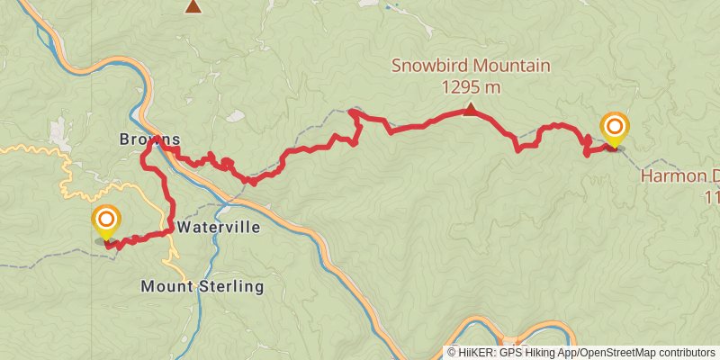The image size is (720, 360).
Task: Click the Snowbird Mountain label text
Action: pos(471,66)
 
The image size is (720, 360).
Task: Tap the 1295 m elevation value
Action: pos(471,87)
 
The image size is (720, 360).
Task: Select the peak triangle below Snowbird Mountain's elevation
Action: pos(470,110)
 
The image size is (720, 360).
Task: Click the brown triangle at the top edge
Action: pos(193,7)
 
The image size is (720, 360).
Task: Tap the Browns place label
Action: pos(150,139)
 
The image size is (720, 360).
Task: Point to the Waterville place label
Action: pos(219,228)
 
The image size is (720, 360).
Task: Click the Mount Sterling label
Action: pos(202,287)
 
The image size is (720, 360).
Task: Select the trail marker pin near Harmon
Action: pos(615,129)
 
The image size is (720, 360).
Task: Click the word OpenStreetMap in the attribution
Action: pos(616,353)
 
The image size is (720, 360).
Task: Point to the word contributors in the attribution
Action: pos(687,353)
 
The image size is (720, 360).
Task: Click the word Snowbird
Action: pos(426,66)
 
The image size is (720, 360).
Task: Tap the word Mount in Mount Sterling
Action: pos(165,287)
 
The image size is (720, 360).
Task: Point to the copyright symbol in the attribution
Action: pos(452,353)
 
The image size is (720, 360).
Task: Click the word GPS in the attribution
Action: pos(514,353)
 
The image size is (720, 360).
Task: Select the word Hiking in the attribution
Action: pos(543,353)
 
